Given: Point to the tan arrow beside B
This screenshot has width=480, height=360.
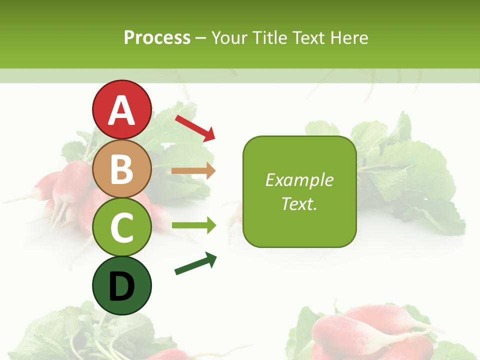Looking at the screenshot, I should (x=193, y=171).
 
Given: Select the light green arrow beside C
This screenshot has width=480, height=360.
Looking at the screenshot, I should (x=193, y=225).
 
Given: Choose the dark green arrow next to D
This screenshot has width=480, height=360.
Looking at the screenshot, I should (x=195, y=263).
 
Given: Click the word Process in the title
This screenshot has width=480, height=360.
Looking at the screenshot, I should (x=157, y=38).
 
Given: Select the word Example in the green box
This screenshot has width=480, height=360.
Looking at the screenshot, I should (x=299, y=180).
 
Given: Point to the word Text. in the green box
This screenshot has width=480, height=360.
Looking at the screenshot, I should (x=299, y=204).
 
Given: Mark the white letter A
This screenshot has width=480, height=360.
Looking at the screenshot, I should (x=121, y=110).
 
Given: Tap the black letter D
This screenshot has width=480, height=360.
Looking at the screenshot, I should (x=121, y=286).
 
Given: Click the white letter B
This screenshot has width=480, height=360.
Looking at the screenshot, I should (x=121, y=169).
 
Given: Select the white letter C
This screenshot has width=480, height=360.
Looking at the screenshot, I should (x=121, y=227).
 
